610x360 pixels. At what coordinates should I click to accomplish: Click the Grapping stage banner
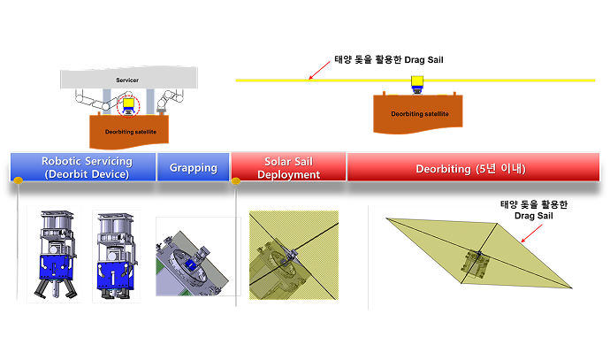(193, 167)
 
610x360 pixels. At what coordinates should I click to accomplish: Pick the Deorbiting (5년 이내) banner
(468, 167)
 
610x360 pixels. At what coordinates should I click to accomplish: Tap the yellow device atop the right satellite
(417, 85)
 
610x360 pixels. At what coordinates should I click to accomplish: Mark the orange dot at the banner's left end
(17, 181)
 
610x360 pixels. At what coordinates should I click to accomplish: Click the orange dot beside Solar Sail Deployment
(236, 181)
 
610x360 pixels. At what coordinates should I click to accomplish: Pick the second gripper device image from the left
(116, 255)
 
